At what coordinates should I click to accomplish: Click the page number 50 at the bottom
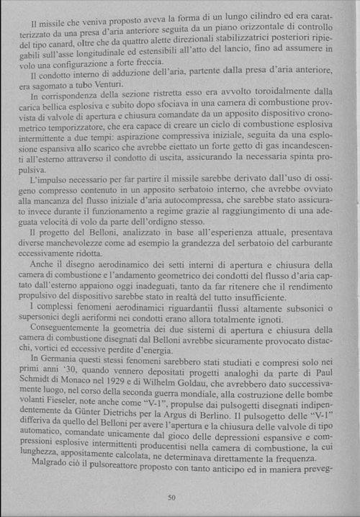point(171,497)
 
